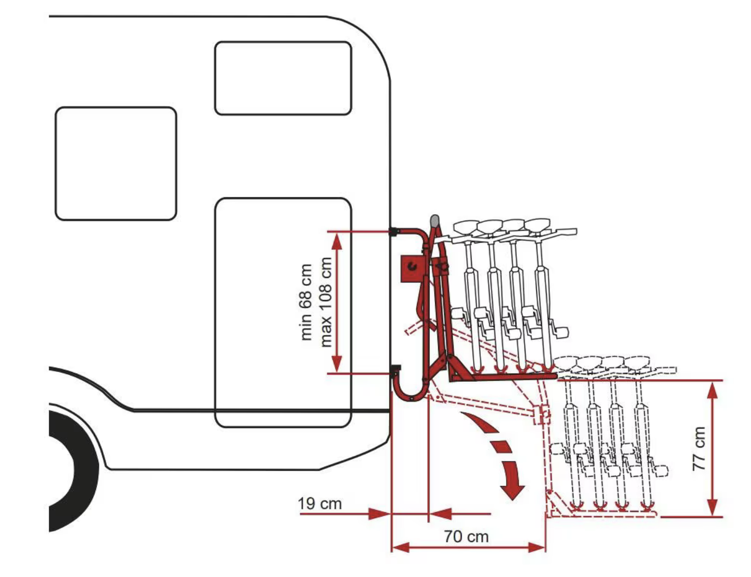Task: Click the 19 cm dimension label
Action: pyautogui.click(x=320, y=504)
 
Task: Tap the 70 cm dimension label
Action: pyautogui.click(x=466, y=536)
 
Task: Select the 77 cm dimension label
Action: pyautogui.click(x=699, y=448)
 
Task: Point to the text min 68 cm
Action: pyautogui.click(x=306, y=302)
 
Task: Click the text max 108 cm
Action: pyautogui.click(x=325, y=302)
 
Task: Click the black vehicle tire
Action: pyautogui.click(x=72, y=468)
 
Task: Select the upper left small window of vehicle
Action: pyautogui.click(x=116, y=163)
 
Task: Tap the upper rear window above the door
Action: pyautogui.click(x=283, y=78)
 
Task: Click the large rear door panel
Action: pyautogui.click(x=283, y=308)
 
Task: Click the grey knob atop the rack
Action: pyautogui.click(x=434, y=221)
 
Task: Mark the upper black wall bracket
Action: pyautogui.click(x=394, y=232)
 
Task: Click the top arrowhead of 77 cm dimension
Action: pyautogui.click(x=712, y=390)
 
